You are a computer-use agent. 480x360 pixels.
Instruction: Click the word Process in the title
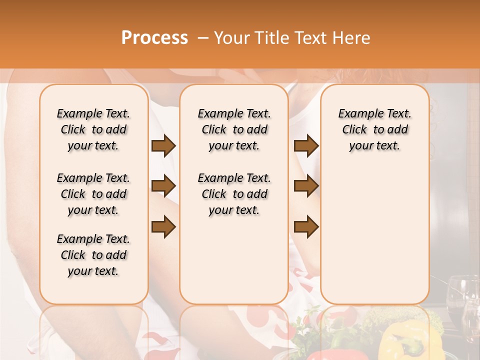tap(154, 38)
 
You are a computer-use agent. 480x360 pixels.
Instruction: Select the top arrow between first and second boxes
tap(163, 145)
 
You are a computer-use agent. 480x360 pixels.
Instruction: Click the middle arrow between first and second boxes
tap(163, 186)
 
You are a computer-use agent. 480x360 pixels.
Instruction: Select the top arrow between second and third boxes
tap(306, 145)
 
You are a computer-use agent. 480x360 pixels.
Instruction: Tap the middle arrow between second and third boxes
tap(306, 186)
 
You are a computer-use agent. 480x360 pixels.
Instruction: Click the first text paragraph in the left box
tap(93, 129)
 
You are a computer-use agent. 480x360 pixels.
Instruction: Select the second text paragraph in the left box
tap(93, 194)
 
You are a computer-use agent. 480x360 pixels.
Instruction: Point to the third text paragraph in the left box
tap(93, 255)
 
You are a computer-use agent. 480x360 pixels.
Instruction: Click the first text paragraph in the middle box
tap(234, 129)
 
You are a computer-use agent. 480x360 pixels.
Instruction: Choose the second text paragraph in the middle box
tap(234, 194)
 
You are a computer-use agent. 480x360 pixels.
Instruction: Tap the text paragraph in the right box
tap(374, 129)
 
